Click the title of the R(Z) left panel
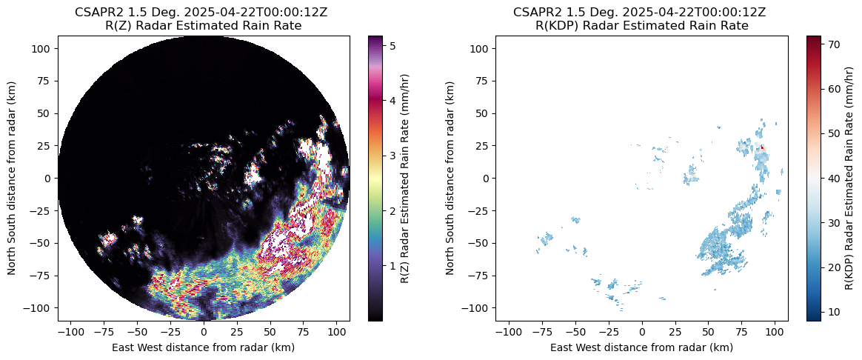click(x=204, y=19)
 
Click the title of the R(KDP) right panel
click(x=641, y=19)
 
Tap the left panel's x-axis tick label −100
click(x=70, y=333)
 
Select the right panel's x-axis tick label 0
click(x=642, y=333)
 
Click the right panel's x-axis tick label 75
click(x=742, y=333)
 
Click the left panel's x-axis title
click(x=204, y=347)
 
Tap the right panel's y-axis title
click(x=451, y=179)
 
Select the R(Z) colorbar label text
click(x=406, y=179)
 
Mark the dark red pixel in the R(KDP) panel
click(x=762, y=147)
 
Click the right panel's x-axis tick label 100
click(x=775, y=333)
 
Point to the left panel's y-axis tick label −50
click(x=44, y=243)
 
